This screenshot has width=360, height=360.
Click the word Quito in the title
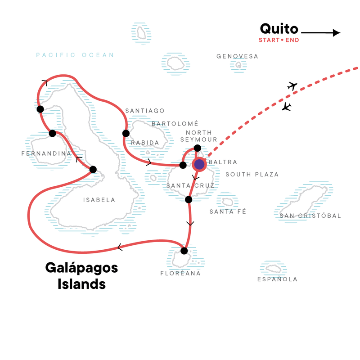(279, 29)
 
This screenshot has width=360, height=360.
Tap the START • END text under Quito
(279, 40)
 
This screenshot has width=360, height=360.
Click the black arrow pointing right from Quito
(320, 32)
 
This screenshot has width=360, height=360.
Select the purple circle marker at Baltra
(199, 165)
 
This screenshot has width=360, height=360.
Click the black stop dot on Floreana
(184, 251)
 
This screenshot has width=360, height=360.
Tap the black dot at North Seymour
(197, 148)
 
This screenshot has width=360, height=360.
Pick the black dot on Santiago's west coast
(126, 133)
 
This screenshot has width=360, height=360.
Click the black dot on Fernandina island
(52, 133)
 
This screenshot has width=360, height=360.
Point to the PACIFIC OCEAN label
(75, 55)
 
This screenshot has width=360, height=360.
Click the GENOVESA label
(237, 57)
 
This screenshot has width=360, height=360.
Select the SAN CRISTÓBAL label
(310, 216)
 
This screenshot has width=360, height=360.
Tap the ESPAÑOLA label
(277, 279)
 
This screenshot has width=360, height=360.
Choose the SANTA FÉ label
(228, 211)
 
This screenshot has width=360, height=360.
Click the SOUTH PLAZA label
(252, 175)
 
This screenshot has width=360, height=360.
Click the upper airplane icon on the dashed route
(293, 86)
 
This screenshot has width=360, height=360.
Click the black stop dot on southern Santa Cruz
(189, 199)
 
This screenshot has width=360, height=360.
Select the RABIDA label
(145, 143)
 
